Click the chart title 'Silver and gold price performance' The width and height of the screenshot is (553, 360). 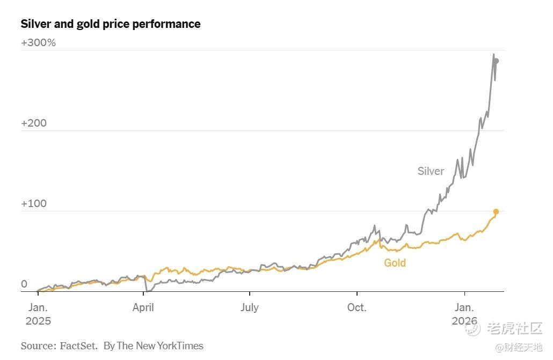pos(111,24)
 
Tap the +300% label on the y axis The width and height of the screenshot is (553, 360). pos(38,42)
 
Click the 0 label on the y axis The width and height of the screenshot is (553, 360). pos(24,284)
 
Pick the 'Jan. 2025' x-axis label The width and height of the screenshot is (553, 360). pos(38,314)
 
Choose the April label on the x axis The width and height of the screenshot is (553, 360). pos(143,307)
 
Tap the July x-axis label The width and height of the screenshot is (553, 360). pos(250,307)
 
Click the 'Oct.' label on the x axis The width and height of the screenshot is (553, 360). pos(356,307)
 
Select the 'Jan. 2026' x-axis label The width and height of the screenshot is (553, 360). pos(464,314)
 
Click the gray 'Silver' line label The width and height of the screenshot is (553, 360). pos(431,171)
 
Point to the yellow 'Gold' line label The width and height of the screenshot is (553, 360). pos(395,263)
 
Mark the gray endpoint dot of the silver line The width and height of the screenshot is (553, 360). pos(496,61)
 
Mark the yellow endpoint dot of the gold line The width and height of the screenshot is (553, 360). pos(496,212)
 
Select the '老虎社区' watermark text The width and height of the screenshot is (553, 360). pos(514,328)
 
